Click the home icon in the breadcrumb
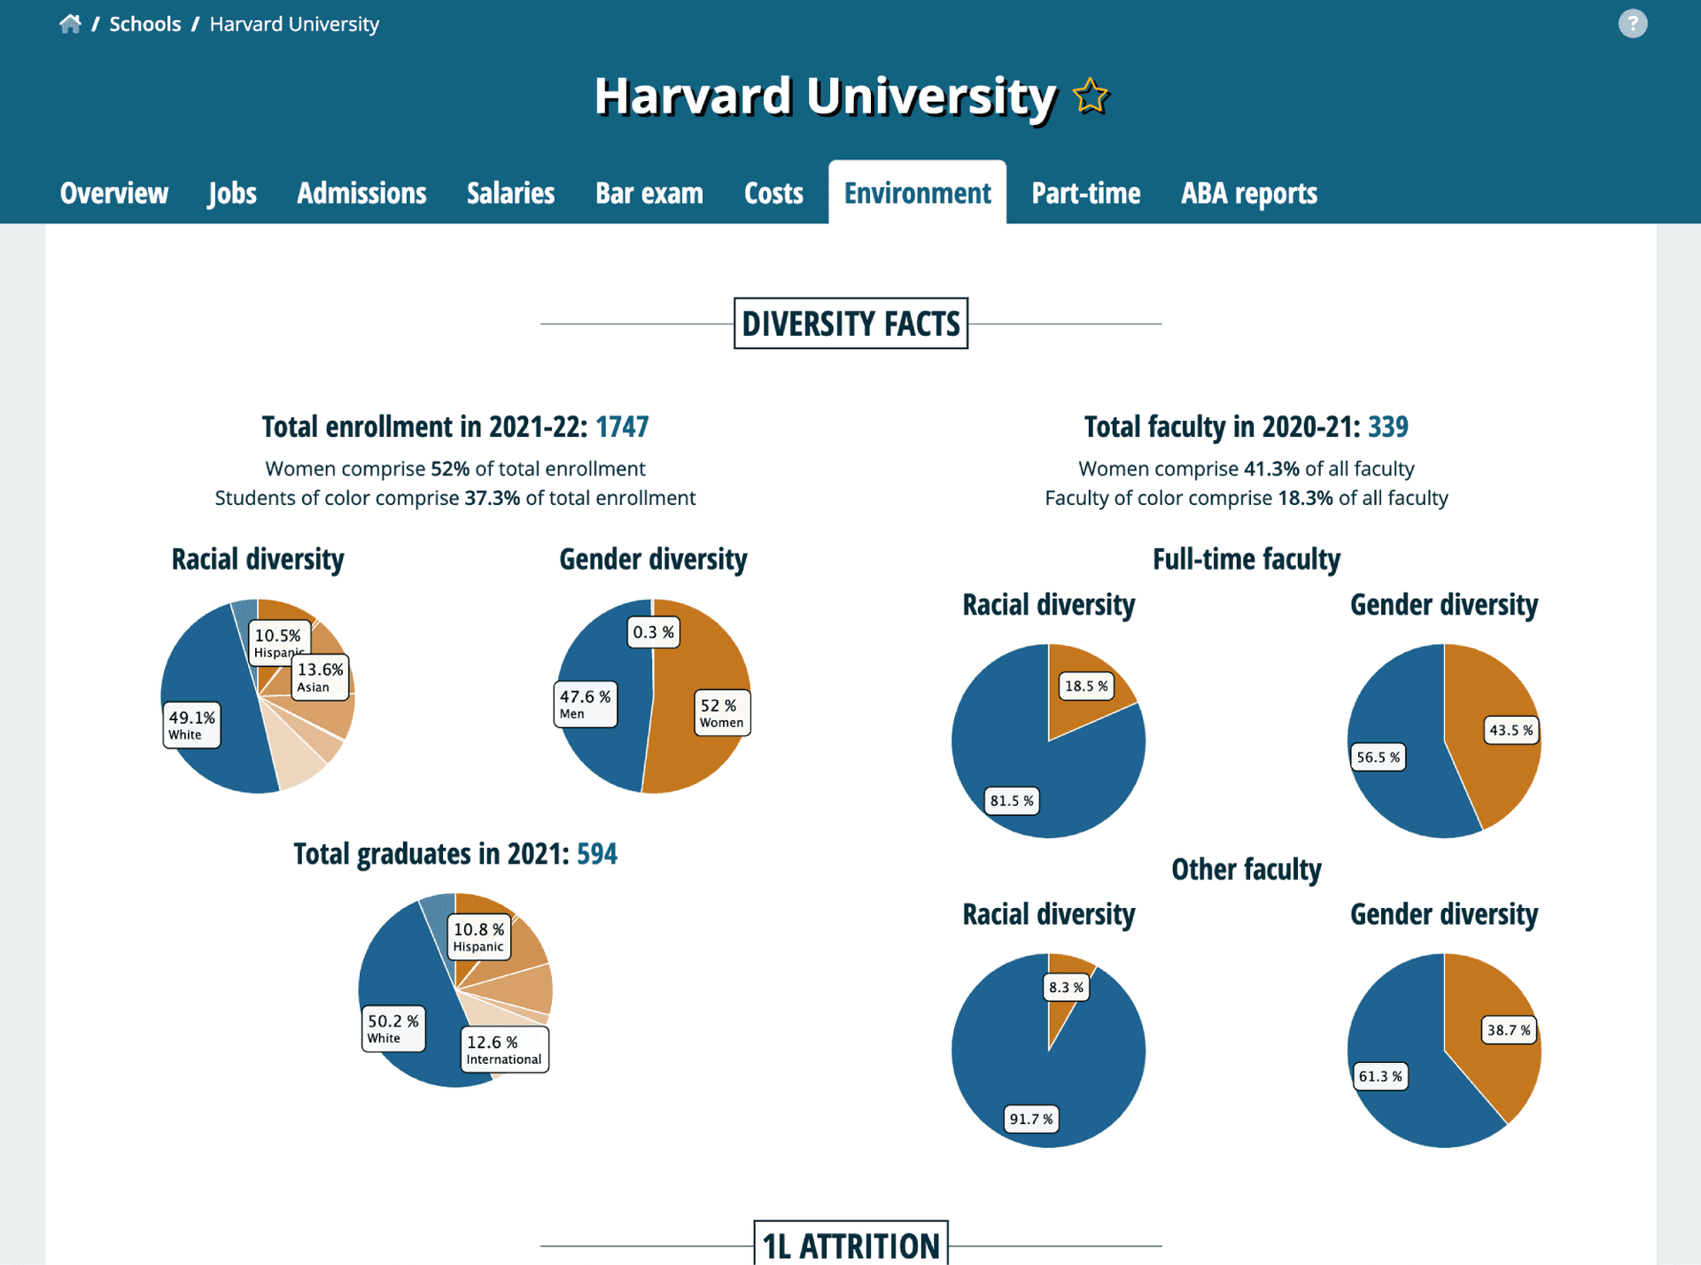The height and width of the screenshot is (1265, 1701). pyautogui.click(x=70, y=24)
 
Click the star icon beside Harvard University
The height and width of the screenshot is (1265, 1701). pyautogui.click(x=1091, y=96)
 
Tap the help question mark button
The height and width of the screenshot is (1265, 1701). pyautogui.click(x=1632, y=24)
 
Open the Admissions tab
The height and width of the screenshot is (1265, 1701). pyautogui.click(x=361, y=193)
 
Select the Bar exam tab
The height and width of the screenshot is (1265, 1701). pyautogui.click(x=649, y=193)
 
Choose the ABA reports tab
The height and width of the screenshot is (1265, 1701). pyautogui.click(x=1248, y=193)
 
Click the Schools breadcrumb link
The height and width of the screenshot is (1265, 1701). pyautogui.click(x=144, y=24)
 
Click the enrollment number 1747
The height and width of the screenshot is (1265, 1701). pyautogui.click(x=622, y=427)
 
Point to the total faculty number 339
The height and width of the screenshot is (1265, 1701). pyautogui.click(x=1387, y=427)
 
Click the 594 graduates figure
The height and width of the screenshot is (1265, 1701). pyautogui.click(x=596, y=854)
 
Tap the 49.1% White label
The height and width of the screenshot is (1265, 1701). pyautogui.click(x=191, y=725)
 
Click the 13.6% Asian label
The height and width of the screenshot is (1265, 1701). pyautogui.click(x=320, y=677)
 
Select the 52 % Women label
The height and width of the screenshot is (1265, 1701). pyautogui.click(x=721, y=713)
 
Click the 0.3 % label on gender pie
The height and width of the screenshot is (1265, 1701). pyautogui.click(x=653, y=632)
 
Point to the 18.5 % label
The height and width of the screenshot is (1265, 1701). pyautogui.click(x=1086, y=686)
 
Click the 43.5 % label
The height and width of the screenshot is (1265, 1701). pyautogui.click(x=1511, y=730)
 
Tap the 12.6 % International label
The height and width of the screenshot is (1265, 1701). pyautogui.click(x=504, y=1050)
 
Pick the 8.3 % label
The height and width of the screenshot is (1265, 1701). pyautogui.click(x=1066, y=987)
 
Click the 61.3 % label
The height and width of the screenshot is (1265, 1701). pyautogui.click(x=1380, y=1076)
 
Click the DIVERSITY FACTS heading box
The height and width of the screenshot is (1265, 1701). pyautogui.click(x=850, y=323)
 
